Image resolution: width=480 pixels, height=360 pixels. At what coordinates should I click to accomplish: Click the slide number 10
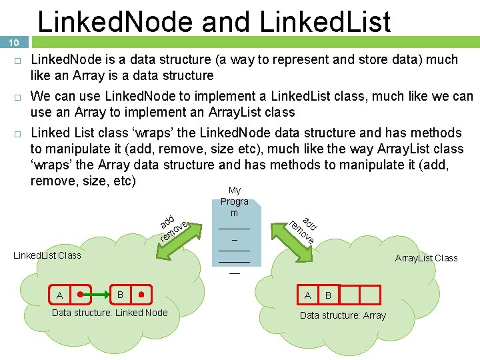pyautogui.click(x=13, y=43)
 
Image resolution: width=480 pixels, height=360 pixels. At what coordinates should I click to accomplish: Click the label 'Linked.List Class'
pyautogui.click(x=47, y=255)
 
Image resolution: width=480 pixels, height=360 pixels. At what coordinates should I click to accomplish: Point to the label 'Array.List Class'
pyautogui.click(x=426, y=258)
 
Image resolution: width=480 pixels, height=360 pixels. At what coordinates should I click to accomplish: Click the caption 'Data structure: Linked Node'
pyautogui.click(x=110, y=313)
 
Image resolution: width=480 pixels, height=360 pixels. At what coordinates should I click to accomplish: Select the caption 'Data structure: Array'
pyautogui.click(x=343, y=315)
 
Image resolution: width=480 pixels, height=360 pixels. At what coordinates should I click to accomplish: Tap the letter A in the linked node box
pyautogui.click(x=60, y=295)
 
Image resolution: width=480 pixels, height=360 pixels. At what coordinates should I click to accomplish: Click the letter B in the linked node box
pyautogui.click(x=120, y=294)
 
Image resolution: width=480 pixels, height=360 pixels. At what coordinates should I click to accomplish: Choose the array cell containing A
pyautogui.click(x=307, y=295)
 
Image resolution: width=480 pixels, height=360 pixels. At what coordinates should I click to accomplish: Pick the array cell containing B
pyautogui.click(x=328, y=295)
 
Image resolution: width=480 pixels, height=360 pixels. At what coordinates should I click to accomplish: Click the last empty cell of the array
pyautogui.click(x=370, y=295)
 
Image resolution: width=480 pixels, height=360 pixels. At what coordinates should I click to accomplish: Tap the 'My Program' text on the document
pyautogui.click(x=234, y=201)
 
